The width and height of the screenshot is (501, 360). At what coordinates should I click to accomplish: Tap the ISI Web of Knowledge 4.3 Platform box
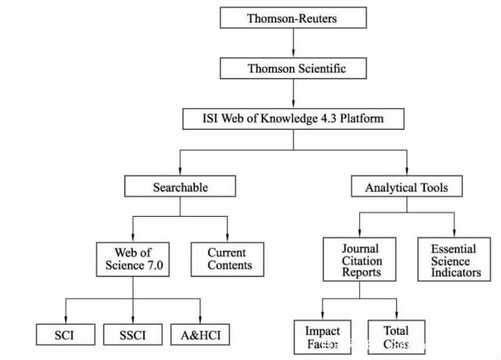click(294, 119)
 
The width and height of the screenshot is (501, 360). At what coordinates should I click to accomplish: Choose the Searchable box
click(180, 186)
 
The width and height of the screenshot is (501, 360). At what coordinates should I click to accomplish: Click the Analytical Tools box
click(407, 186)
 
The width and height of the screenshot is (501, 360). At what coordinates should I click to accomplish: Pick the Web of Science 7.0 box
click(132, 260)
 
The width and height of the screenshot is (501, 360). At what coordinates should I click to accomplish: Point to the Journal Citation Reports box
click(361, 261)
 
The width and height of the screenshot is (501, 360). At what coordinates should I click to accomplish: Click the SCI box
click(66, 334)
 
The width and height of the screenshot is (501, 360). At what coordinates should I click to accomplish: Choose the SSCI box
click(132, 334)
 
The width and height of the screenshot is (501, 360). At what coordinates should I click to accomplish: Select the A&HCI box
click(201, 334)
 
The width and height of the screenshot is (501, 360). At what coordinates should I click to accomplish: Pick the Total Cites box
click(396, 337)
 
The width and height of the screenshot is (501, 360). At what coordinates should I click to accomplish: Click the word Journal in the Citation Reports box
click(361, 250)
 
